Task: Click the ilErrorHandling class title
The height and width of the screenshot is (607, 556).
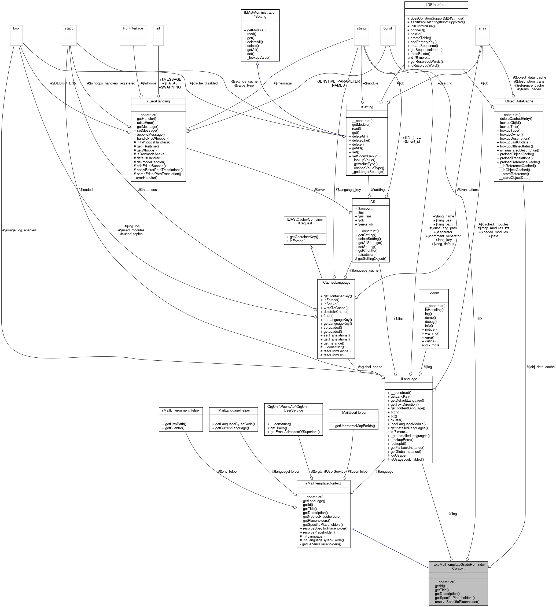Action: click(x=158, y=101)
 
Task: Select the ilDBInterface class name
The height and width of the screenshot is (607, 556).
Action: click(x=436, y=5)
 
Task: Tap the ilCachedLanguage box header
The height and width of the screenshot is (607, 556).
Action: click(x=336, y=282)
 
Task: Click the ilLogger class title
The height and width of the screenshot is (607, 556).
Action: click(x=433, y=292)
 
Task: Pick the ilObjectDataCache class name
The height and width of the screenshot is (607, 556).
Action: click(x=518, y=101)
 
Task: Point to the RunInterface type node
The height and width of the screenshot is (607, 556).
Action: click(x=133, y=28)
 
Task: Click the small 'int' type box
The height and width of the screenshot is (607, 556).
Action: click(x=158, y=28)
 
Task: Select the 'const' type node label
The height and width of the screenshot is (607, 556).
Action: click(x=388, y=28)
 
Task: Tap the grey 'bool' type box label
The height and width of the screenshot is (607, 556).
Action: click(x=16, y=28)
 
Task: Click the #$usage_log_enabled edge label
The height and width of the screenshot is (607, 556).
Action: click(x=19, y=230)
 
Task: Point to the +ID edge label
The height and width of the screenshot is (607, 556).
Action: click(x=478, y=319)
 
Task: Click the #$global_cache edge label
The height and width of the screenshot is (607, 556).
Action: click(x=370, y=367)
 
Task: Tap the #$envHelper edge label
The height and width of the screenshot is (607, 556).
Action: click(x=228, y=472)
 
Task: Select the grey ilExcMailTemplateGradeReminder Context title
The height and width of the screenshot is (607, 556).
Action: click(x=458, y=566)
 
